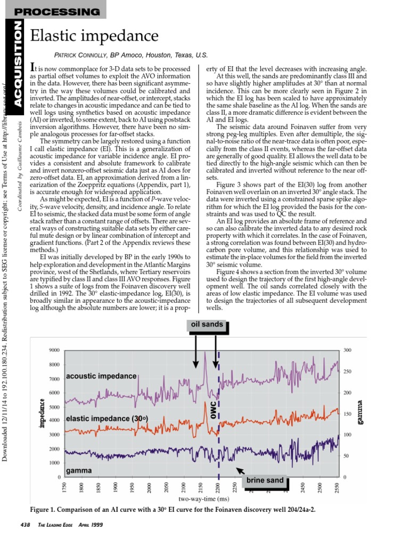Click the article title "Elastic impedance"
tap(95, 36)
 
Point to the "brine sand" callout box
tap(265, 480)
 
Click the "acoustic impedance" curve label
tap(101, 376)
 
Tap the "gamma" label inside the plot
tap(78, 471)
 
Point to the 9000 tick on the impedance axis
tap(54, 350)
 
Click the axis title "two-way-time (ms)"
tap(203, 499)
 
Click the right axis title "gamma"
tap(360, 413)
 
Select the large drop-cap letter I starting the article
tap(33, 68)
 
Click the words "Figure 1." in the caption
tap(45, 509)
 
